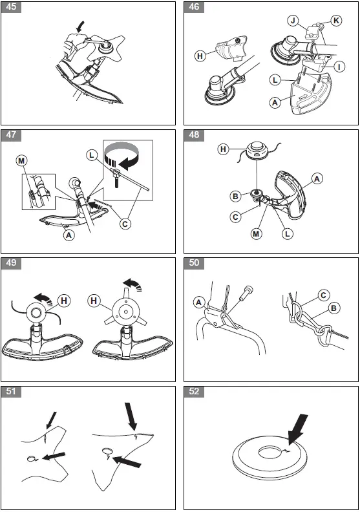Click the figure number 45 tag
pos(11,7)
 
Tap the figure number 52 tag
pos(194,392)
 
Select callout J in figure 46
pos(293,21)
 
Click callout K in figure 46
pos(336,21)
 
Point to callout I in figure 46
pos(339,67)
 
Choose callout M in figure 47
pos(21,161)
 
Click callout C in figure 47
pos(125,224)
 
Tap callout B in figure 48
pos(235,197)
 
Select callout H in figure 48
pos(223,149)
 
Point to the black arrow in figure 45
pos(79,27)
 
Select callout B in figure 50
pos(334,308)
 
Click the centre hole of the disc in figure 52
pos(270,453)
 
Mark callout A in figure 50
pos(199,303)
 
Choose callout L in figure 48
pos(287,233)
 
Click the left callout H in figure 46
pos(200,56)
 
